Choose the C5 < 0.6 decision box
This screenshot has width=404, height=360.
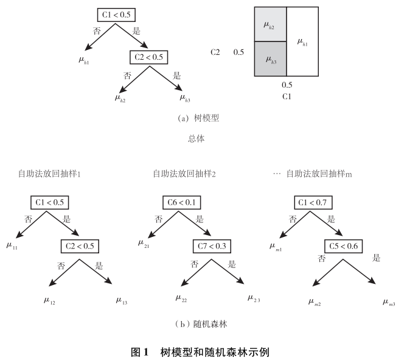(x=343, y=246)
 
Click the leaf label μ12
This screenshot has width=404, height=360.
(x=50, y=300)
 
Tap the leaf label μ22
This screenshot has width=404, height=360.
(x=182, y=298)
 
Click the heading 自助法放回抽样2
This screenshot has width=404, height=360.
(x=184, y=174)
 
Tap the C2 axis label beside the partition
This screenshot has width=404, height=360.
(x=215, y=52)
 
